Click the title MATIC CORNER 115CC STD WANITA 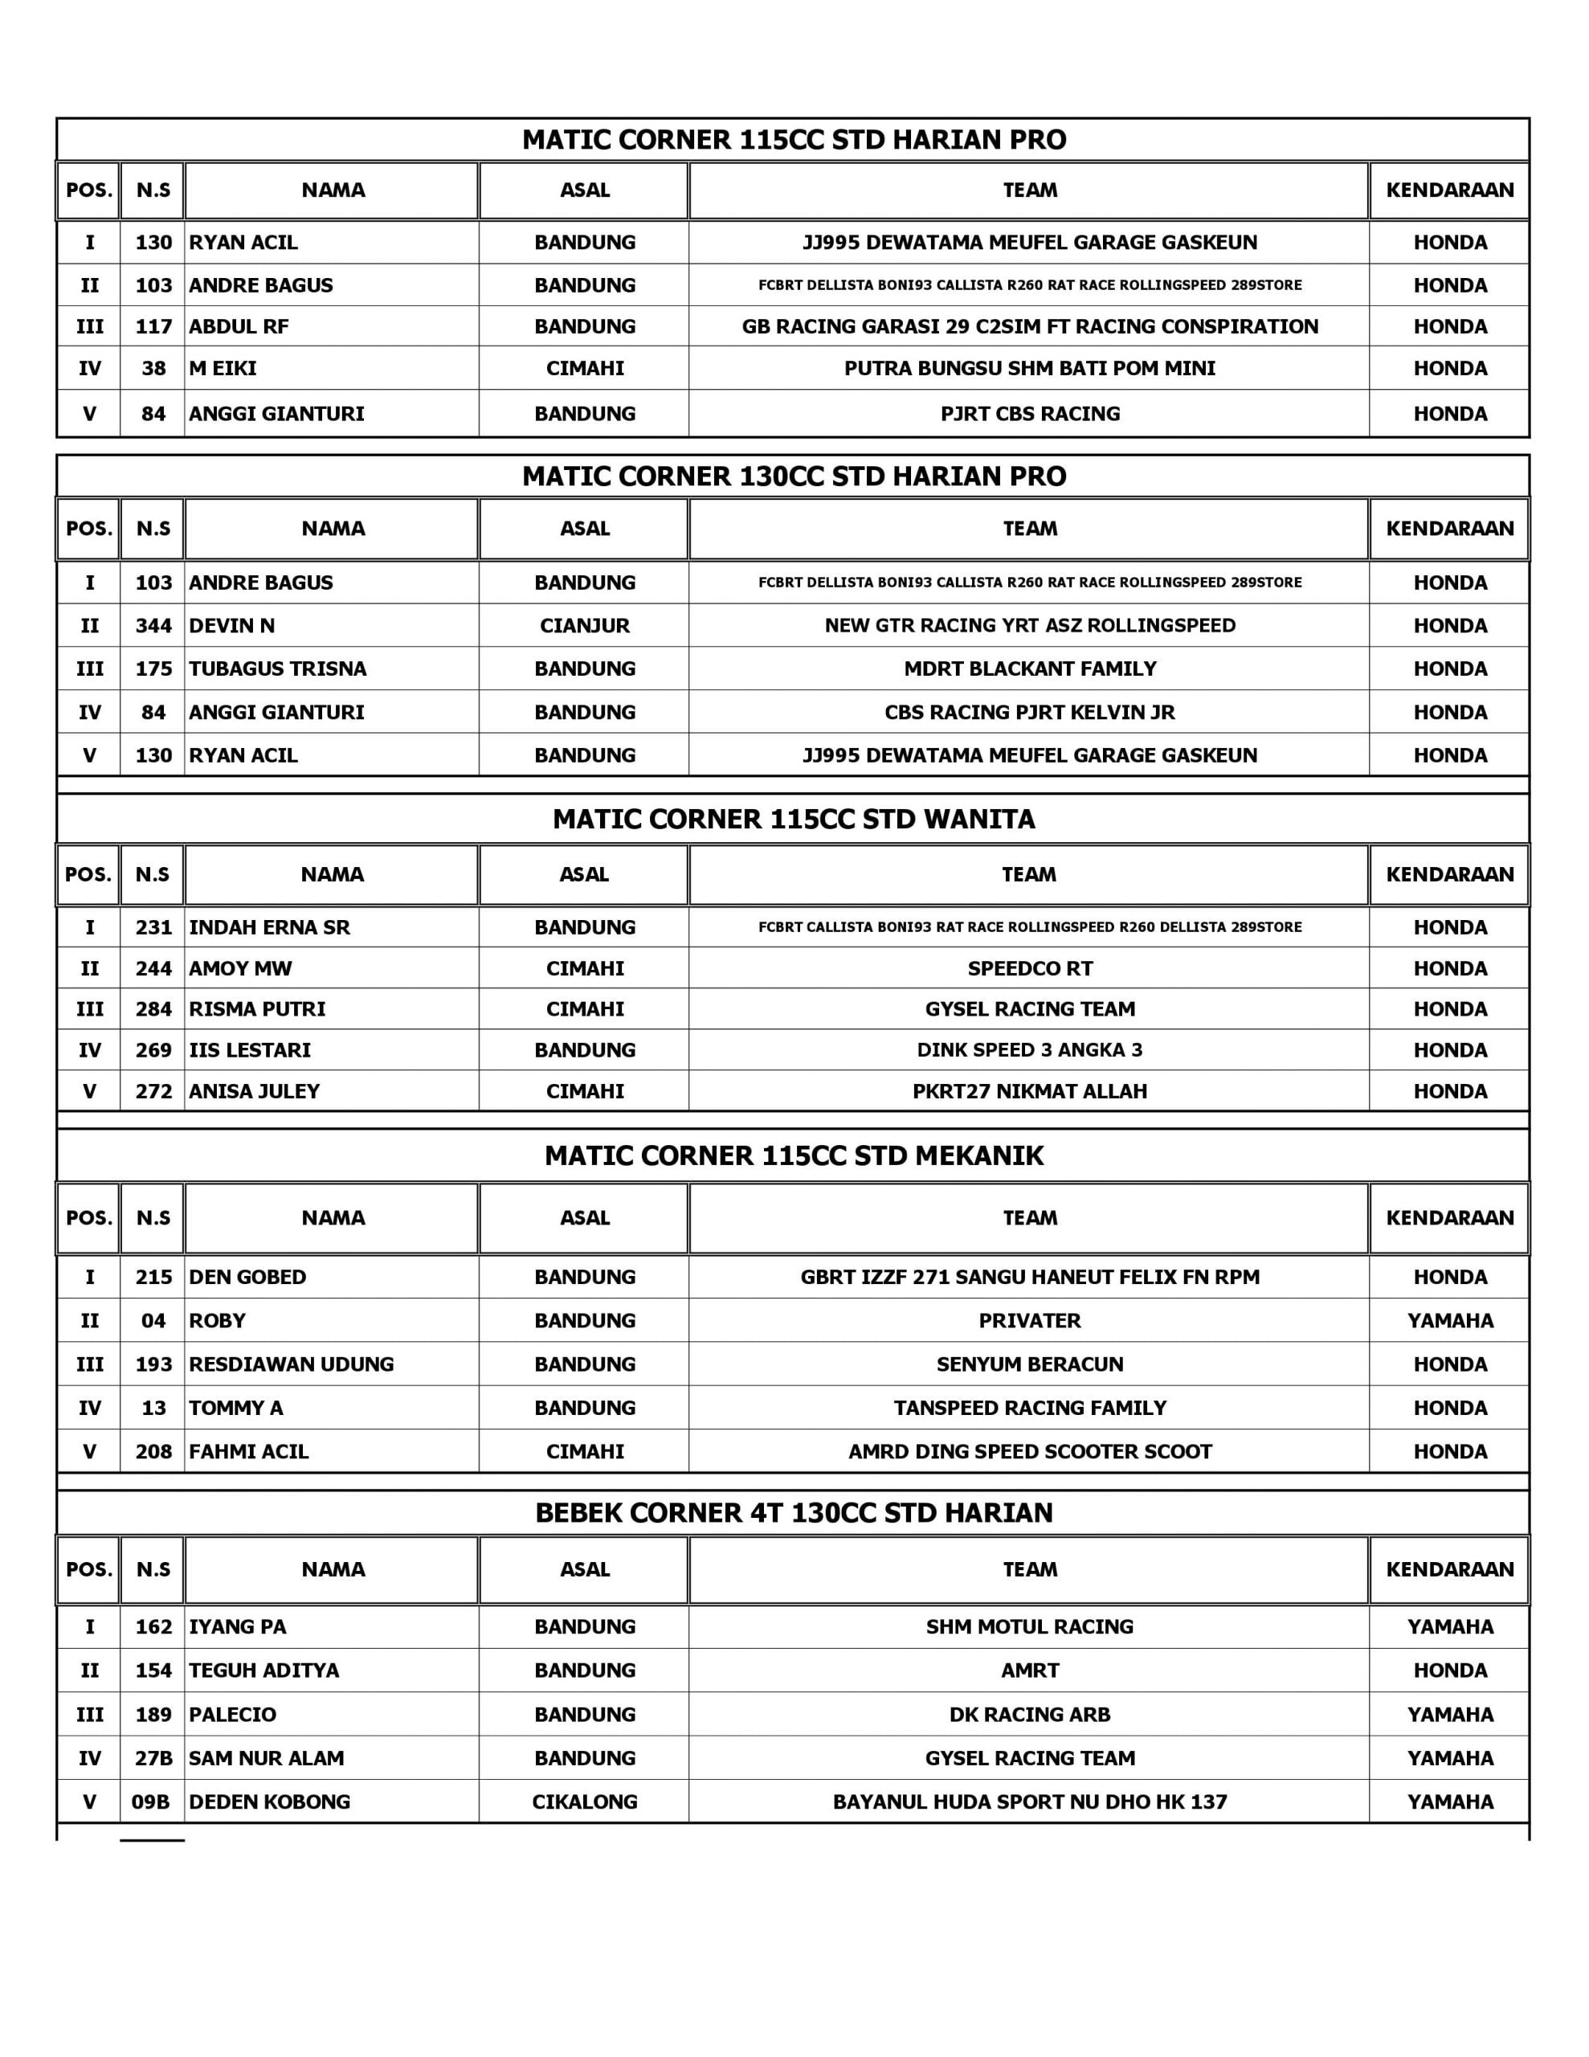coord(793,819)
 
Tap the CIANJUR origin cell coord(584,625)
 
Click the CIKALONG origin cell coord(584,1801)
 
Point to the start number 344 coord(153,625)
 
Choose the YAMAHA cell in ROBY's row coord(1449,1320)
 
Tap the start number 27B coord(153,1757)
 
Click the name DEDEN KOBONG coord(269,1801)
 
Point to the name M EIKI coord(223,368)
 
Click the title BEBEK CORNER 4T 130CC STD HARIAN coord(793,1512)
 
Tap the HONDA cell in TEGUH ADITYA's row coord(1449,1670)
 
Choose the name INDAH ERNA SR coord(269,926)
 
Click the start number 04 coord(153,1320)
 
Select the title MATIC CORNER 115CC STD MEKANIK coord(793,1155)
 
